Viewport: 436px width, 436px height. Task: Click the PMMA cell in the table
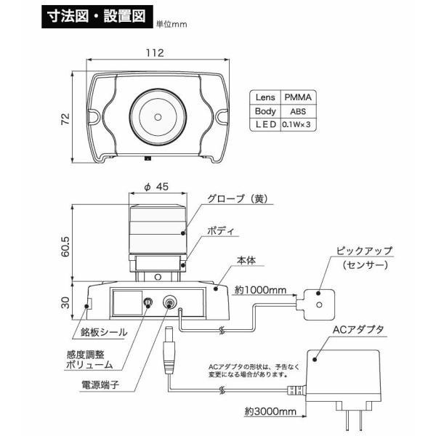pos(299,97)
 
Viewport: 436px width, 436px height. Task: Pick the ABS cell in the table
pos(298,111)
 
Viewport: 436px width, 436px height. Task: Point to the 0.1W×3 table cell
pos(298,126)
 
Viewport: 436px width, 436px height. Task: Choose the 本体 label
pos(244,259)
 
